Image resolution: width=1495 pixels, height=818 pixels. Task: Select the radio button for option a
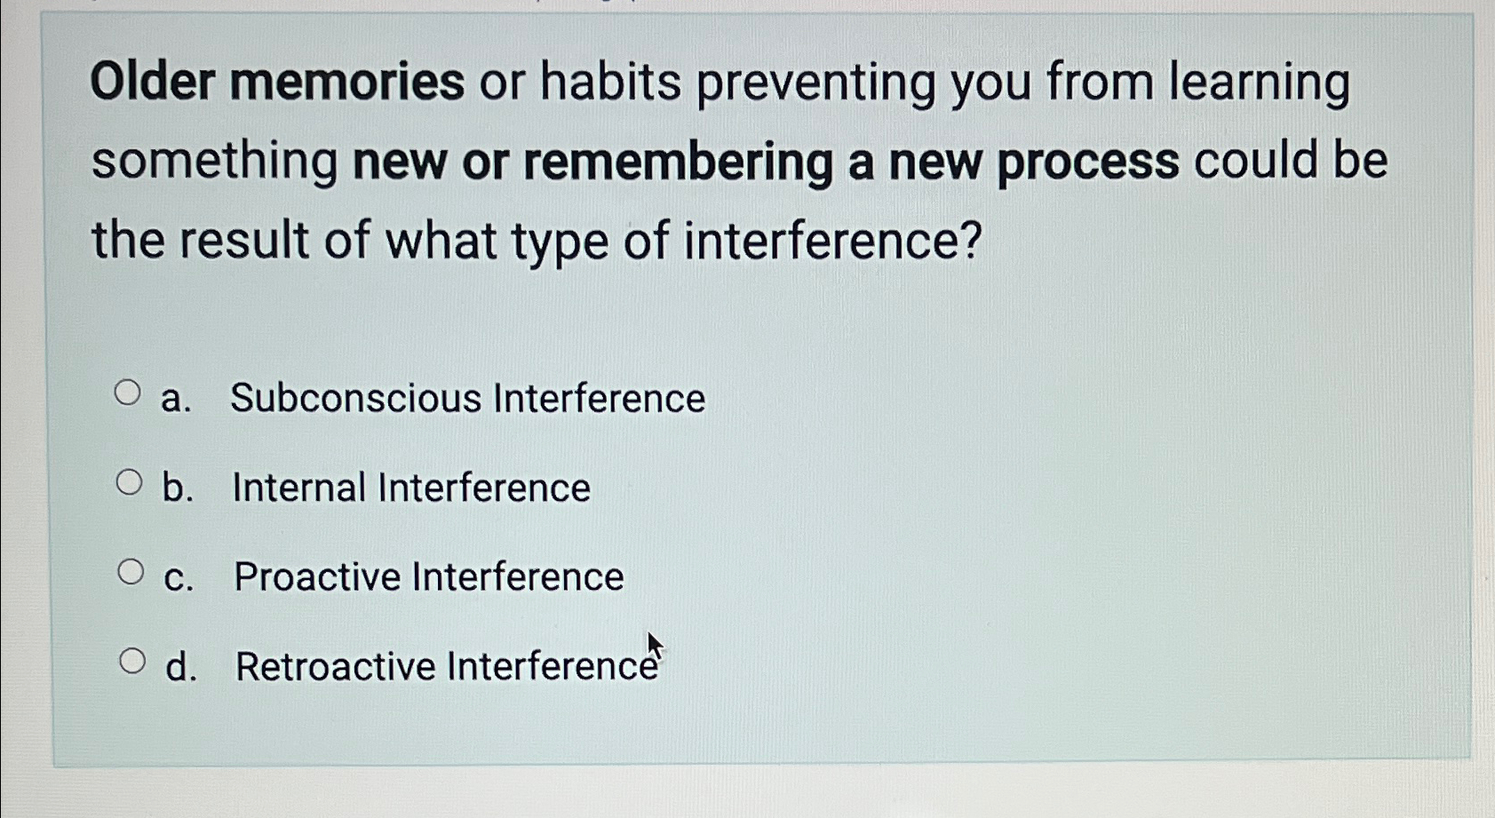(x=127, y=393)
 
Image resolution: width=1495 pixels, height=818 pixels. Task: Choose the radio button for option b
(x=129, y=482)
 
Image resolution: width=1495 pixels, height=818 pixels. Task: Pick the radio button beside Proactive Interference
(x=131, y=572)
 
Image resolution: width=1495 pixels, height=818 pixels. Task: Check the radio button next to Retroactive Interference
(x=131, y=661)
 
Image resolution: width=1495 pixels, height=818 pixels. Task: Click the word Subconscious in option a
(x=355, y=398)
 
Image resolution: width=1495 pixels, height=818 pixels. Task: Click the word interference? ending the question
(x=832, y=241)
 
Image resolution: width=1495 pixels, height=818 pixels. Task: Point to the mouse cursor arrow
(x=654, y=646)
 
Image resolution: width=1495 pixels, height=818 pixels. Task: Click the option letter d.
(x=179, y=667)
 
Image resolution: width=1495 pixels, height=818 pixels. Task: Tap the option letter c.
(x=177, y=578)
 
